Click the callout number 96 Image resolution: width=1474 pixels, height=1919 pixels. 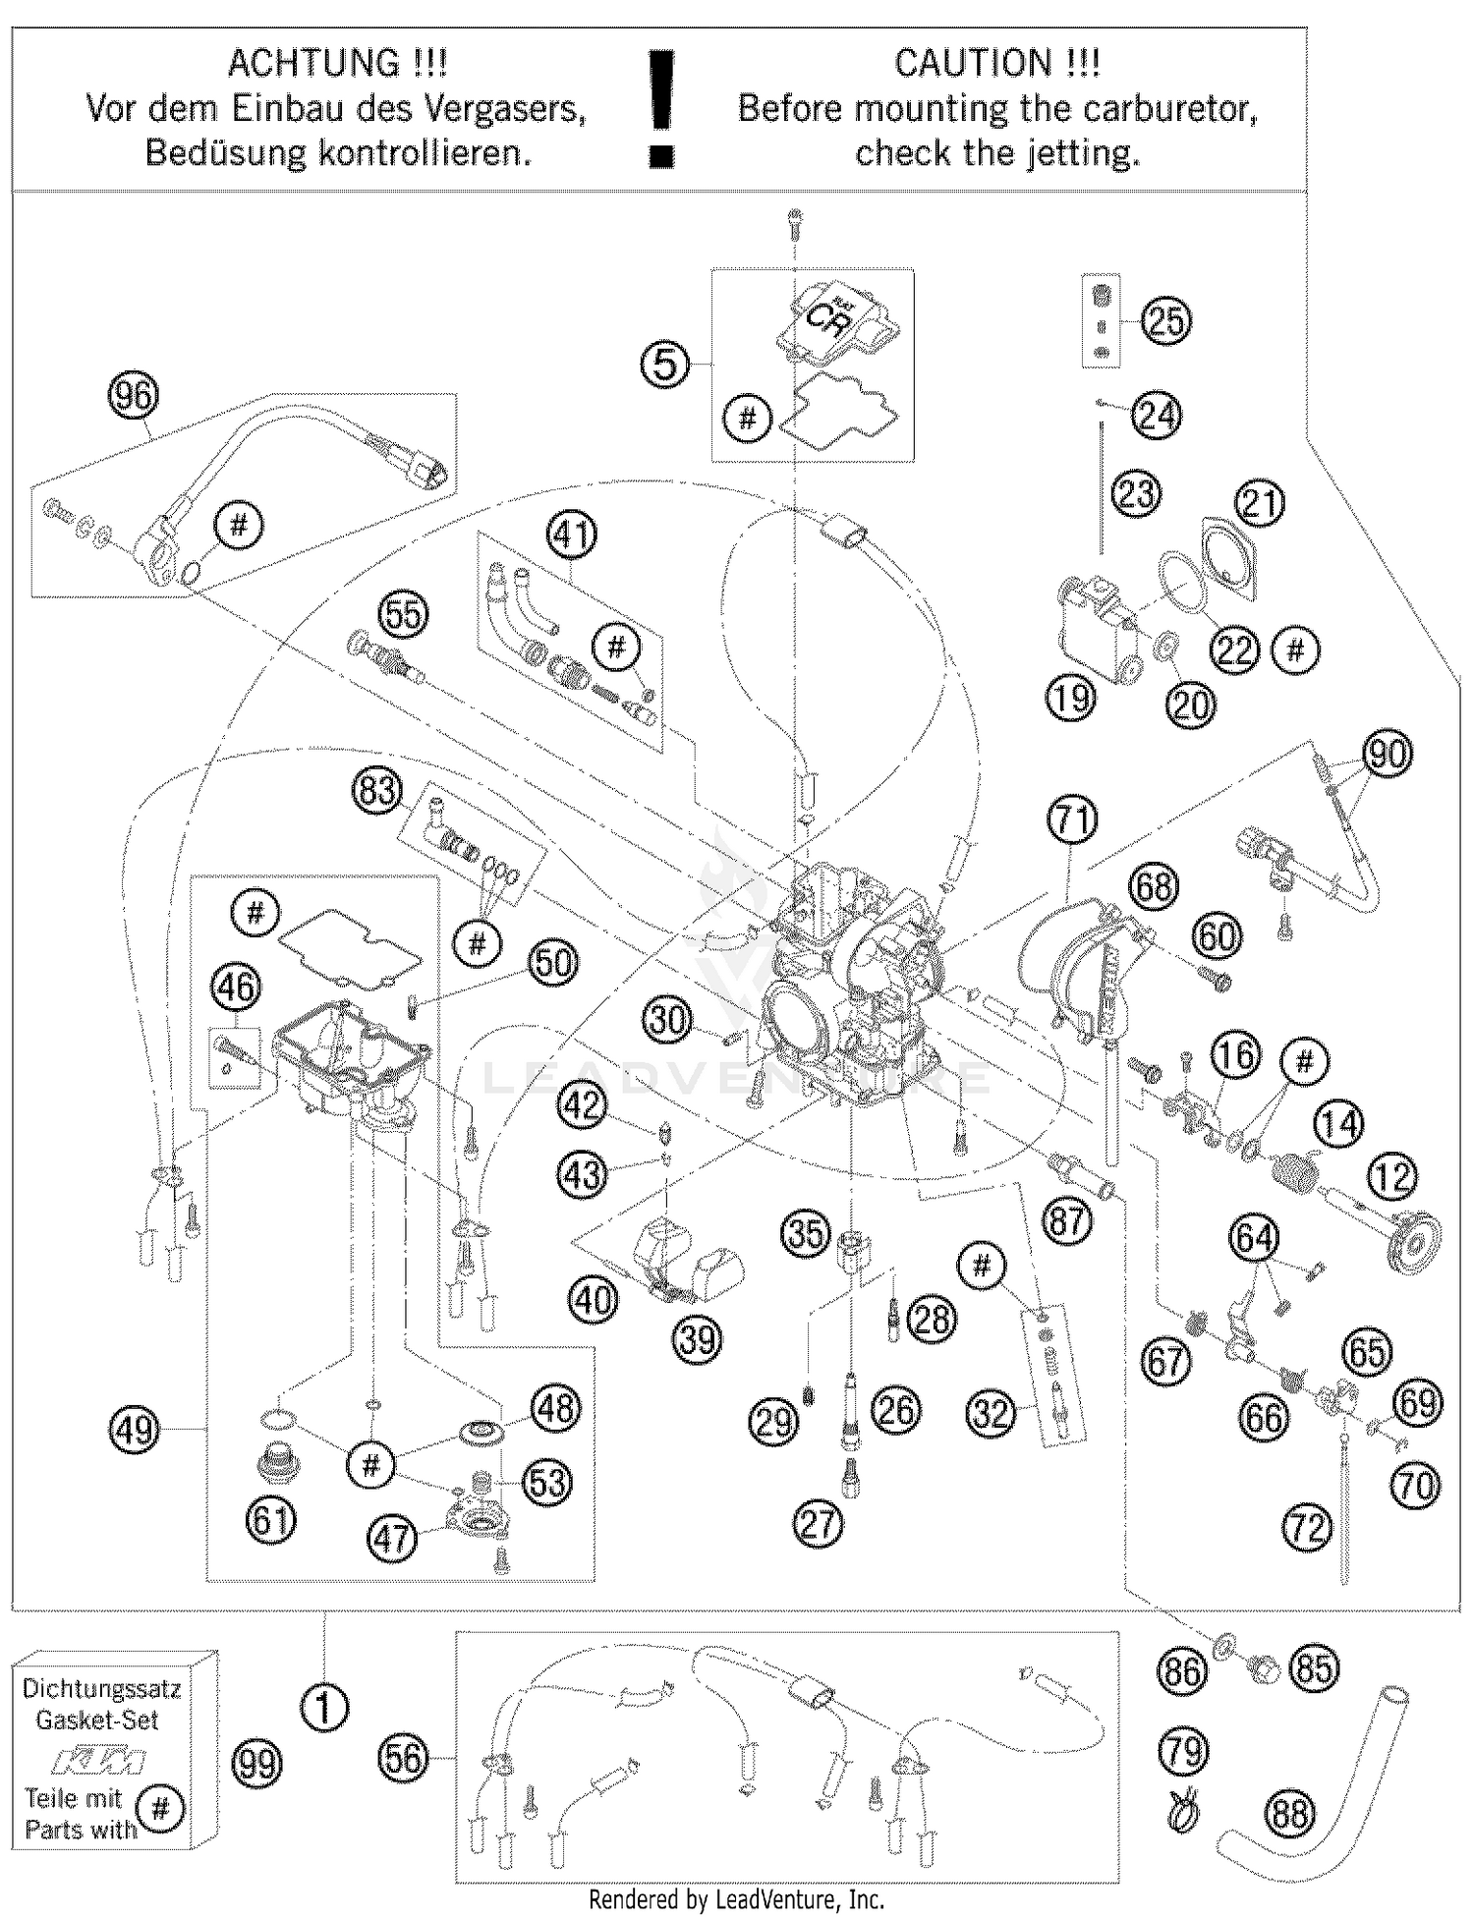click(134, 396)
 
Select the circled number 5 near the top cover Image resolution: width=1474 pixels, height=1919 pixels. click(665, 365)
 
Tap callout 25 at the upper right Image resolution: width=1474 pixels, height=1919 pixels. click(1166, 321)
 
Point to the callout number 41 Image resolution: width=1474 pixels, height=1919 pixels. click(572, 536)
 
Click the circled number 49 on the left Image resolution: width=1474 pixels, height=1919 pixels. click(134, 1429)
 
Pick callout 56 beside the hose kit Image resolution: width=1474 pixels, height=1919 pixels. click(403, 1758)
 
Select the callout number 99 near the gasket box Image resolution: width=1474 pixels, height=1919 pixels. click(255, 1765)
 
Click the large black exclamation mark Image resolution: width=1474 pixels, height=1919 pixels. click(663, 108)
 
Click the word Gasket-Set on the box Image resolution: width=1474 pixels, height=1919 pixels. click(96, 1721)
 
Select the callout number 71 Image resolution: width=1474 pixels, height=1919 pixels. click(1072, 820)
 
